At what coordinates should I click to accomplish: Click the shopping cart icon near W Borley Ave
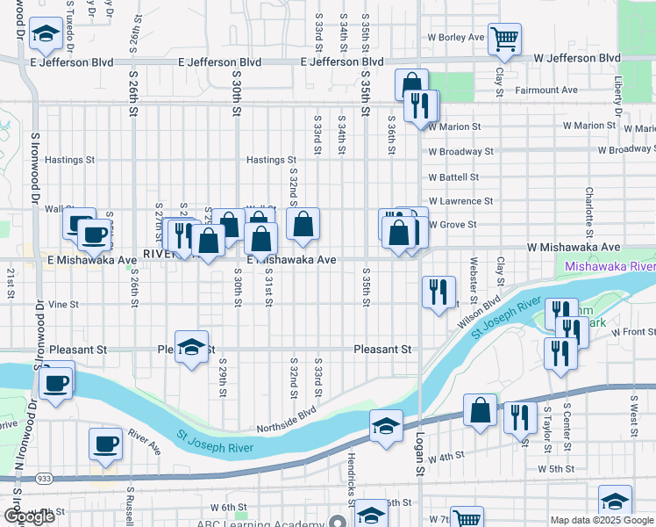503,38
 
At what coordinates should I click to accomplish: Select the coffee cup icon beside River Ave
105,444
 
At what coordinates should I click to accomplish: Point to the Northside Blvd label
286,421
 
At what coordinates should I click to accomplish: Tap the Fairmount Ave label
546,90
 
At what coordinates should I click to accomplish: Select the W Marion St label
453,126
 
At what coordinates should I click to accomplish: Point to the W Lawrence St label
460,201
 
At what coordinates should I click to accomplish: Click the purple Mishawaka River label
610,266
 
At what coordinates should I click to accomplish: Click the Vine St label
64,304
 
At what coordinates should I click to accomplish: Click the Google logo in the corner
29,516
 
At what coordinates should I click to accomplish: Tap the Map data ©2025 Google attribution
602,520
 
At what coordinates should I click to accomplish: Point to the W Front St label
633,332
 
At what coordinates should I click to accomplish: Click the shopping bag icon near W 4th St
480,411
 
